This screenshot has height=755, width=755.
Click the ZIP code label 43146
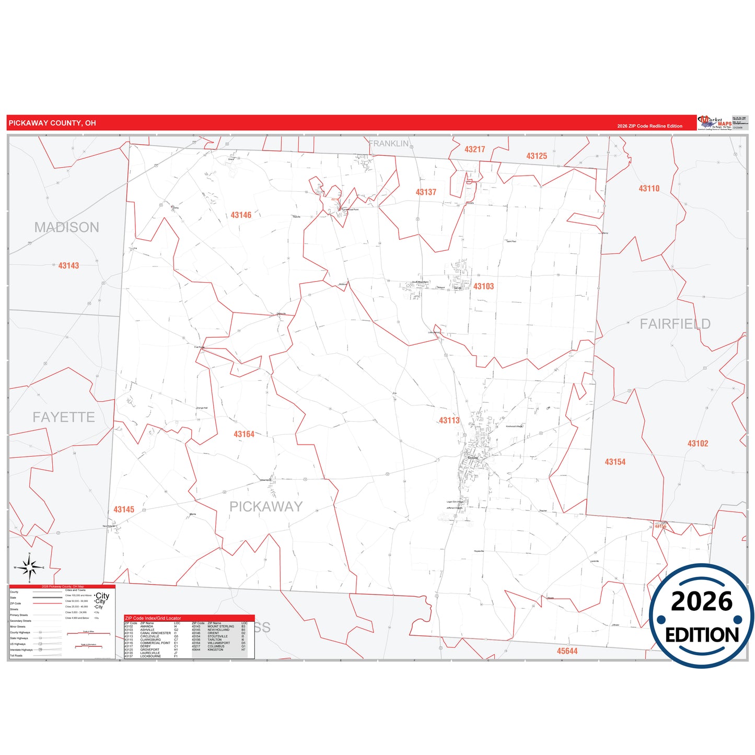pos(241,215)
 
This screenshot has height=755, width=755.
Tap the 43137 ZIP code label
pos(426,192)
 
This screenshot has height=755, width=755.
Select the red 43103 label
pos(483,286)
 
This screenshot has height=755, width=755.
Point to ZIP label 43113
pos(449,420)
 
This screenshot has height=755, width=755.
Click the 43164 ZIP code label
pos(244,434)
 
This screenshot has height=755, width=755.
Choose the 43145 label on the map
pos(124,509)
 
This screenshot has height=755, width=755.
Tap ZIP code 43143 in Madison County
pos(68,265)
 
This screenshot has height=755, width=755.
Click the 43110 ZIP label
pos(649,189)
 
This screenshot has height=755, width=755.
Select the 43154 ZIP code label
pos(615,462)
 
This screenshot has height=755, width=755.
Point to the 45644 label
pos(567,651)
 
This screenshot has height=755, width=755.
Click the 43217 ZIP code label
pos(474,149)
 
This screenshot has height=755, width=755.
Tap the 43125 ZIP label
pos(537,156)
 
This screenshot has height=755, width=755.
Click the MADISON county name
pos(67,227)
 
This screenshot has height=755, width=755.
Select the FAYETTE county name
pos(64,417)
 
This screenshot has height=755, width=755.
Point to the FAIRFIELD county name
pos(675,324)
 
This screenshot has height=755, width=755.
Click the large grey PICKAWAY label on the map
pos(266,506)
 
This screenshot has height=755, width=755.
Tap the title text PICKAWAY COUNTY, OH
pos(52,123)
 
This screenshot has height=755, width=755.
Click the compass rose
pos(30,567)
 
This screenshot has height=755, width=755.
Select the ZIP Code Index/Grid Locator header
pos(153,618)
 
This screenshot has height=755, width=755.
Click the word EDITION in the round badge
pos(702,635)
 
